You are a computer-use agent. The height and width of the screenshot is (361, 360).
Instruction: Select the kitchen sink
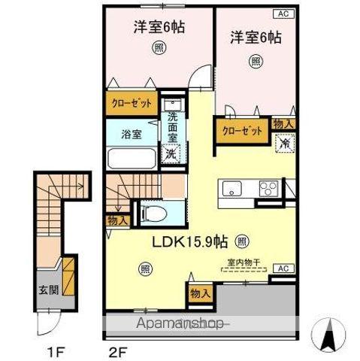[x=230, y=188]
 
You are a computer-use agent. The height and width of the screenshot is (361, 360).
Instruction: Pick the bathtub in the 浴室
[x=131, y=159]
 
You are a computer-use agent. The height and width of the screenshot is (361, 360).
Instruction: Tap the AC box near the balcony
[x=284, y=268]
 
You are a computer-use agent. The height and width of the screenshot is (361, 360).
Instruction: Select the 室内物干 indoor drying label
[x=241, y=263]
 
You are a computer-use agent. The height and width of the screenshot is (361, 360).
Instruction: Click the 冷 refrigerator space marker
[x=285, y=142]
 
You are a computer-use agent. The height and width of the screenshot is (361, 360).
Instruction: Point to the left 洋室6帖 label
[x=159, y=27]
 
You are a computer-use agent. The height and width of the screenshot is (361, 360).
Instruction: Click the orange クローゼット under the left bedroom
[x=132, y=103]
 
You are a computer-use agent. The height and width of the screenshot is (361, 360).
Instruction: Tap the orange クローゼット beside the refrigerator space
[x=242, y=131]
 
